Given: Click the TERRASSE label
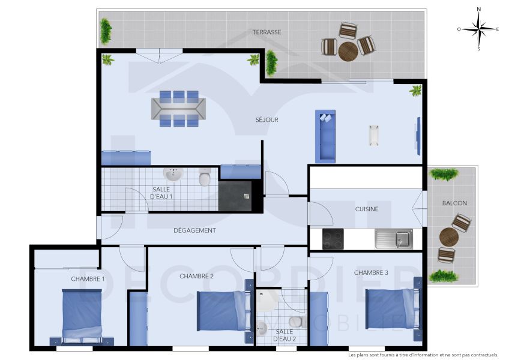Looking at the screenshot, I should (267, 32).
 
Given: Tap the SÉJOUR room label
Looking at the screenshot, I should (267, 120).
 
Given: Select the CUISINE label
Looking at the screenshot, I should (366, 209).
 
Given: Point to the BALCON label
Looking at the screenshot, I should (454, 203).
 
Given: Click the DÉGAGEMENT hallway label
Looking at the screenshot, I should (194, 230).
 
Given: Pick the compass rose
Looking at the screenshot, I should (478, 29).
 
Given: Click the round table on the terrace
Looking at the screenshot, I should (348, 51).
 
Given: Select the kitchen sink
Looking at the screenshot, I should (394, 239).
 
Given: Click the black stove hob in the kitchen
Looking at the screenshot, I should (333, 239).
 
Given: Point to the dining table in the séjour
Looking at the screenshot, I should (179, 109).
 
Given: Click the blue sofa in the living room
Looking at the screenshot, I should (325, 137).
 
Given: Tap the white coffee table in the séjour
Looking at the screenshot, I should (375, 135).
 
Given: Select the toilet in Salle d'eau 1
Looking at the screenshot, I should (205, 178).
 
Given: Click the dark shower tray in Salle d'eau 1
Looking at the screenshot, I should (235, 196).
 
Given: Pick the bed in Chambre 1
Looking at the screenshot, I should (82, 314).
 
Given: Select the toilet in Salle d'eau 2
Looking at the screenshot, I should (295, 320).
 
